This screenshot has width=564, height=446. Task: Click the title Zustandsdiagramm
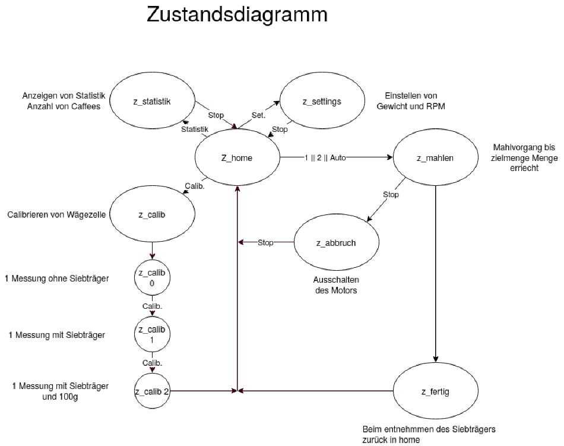pos(237,15)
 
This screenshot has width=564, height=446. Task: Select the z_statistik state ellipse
pos(152,102)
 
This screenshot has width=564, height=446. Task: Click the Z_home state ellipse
pos(237,157)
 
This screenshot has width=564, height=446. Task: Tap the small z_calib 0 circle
pos(153,278)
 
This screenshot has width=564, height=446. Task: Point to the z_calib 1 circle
pos(153,334)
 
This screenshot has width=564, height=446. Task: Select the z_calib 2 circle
pos(153,391)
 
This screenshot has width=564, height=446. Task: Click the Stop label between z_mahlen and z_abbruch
pos(391,194)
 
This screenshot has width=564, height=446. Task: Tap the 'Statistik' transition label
pos(194,129)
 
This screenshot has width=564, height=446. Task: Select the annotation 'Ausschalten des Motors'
pos(335,286)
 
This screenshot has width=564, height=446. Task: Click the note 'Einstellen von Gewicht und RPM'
pos(411,102)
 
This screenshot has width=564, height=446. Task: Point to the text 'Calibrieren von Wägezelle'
pos(56,214)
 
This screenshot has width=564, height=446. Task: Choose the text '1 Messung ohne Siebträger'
pos(56,278)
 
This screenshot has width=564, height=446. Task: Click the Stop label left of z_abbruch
pos(265,242)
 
